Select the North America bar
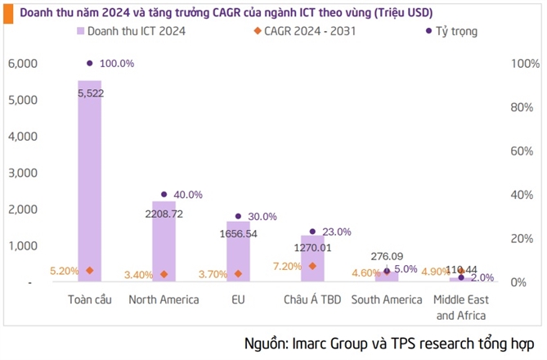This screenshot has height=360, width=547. click(164, 241)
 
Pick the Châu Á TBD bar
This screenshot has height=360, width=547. click(312, 259)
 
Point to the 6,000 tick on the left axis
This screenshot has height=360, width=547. click(21, 64)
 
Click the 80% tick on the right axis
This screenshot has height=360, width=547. click(521, 107)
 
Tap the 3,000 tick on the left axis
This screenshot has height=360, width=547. click(21, 173)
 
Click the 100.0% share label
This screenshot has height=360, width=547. click(116, 63)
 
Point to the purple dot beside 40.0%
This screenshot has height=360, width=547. click(164, 195)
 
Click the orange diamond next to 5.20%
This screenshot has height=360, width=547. click(89, 271)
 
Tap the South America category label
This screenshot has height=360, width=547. click(386, 299)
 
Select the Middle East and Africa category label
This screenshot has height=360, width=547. click(460, 307)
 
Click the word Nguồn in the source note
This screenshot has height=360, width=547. click(266, 342)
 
